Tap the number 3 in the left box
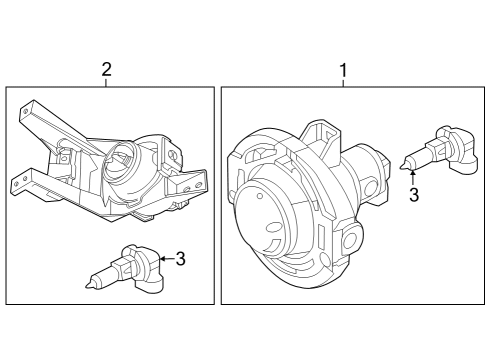180,259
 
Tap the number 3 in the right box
413,194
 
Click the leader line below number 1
344,83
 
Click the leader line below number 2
106,83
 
